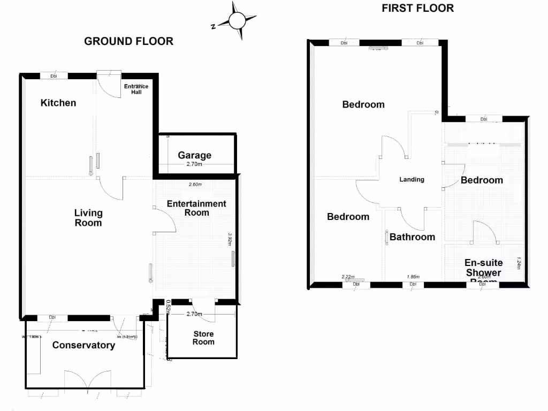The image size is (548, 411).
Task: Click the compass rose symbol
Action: point(235,21)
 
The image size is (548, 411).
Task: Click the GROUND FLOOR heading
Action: point(128,41)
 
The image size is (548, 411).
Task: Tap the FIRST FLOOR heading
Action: point(417,8)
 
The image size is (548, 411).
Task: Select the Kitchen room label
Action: point(58,103)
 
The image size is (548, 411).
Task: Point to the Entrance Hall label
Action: point(136,89)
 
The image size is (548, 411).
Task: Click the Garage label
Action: point(195,155)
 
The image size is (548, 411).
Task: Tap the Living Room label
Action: point(88,217)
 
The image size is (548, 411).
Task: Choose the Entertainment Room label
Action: point(196,208)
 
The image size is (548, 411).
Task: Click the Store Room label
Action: point(203,338)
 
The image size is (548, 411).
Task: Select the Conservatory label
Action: point(83,345)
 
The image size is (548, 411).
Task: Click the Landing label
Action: point(412,179)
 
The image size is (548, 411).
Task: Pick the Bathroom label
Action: point(412,237)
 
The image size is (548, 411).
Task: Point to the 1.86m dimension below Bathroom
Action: point(413,277)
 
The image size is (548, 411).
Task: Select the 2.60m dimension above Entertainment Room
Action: point(195,185)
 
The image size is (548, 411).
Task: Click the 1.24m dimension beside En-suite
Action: point(519,263)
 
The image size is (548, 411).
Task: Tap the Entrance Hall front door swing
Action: point(110,85)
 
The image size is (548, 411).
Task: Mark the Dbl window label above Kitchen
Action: point(54,76)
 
